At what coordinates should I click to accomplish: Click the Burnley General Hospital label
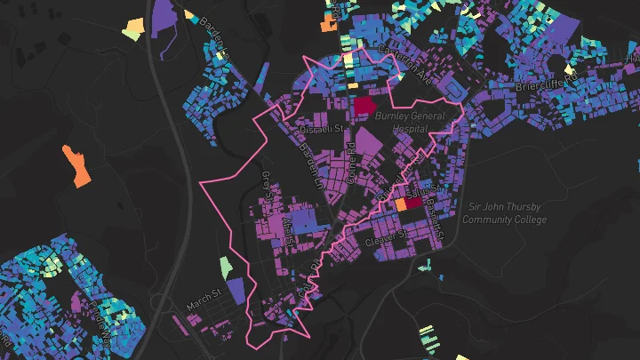410,122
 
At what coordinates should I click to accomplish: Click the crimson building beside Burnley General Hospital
364,107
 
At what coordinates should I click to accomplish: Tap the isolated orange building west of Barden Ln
76,164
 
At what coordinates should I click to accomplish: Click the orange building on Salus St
400,204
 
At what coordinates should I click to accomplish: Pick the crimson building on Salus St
414,203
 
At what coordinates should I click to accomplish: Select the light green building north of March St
226,266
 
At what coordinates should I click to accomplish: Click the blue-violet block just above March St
236,291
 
